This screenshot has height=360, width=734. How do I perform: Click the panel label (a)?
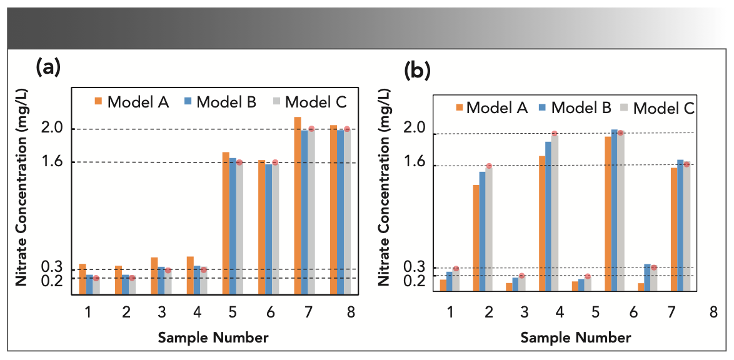tap(48, 66)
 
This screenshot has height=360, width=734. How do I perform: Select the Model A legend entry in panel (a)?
tap(132, 102)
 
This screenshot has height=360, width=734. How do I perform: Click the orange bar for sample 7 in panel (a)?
tap(298, 205)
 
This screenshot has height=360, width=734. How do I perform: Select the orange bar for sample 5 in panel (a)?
tap(226, 222)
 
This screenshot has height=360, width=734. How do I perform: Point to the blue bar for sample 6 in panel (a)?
tap(268, 229)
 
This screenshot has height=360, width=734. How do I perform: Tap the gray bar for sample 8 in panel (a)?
tap(347, 211)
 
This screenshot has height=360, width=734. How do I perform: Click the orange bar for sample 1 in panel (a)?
tap(83, 279)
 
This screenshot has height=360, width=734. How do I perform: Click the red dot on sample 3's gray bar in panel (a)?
tap(168, 271)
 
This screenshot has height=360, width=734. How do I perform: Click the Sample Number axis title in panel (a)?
tap(213, 338)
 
